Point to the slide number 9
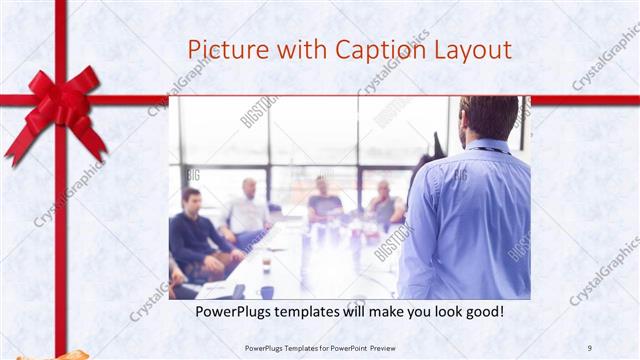589,347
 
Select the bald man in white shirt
246,209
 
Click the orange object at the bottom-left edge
70,354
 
